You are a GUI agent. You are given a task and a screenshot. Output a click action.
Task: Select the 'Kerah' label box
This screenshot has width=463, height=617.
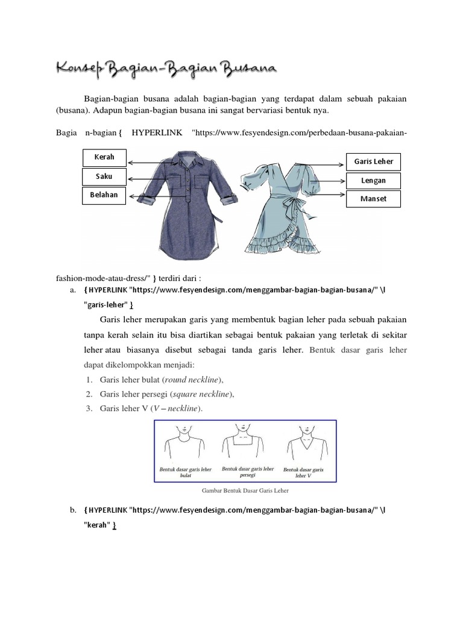(104, 158)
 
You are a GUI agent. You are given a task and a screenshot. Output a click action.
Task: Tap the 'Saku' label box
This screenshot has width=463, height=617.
(104, 177)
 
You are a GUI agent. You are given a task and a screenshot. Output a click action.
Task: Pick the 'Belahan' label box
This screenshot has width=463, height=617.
(104, 195)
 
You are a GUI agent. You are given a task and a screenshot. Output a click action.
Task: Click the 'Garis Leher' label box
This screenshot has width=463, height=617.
(373, 161)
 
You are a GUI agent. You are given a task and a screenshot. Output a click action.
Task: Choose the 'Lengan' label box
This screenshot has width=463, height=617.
(373, 180)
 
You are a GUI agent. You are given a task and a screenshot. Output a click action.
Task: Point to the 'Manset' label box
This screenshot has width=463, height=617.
(373, 198)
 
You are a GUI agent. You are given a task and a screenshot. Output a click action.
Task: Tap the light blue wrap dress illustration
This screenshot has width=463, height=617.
(286, 205)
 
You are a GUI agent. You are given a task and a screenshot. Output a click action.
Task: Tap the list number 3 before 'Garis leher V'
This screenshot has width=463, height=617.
(88, 409)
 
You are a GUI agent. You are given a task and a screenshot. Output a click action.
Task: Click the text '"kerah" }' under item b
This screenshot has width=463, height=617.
(100, 525)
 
